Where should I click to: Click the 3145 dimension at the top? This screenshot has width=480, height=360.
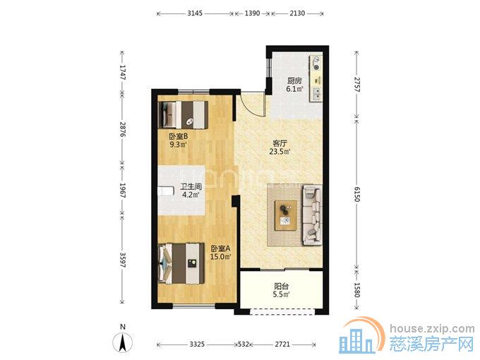tap(195, 13)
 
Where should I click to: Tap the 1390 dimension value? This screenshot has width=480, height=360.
tap(252, 13)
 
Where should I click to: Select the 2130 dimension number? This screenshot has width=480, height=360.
tap(297, 13)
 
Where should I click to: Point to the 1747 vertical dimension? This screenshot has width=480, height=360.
tap(122, 72)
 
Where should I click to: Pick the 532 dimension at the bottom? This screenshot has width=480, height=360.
tap(244, 344)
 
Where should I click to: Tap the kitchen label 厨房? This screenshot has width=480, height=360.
tap(294, 80)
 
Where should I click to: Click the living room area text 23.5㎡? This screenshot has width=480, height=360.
tap(280, 151)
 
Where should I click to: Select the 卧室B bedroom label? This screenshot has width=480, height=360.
tap(178, 136)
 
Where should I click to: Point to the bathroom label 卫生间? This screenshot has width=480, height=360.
tap(191, 186)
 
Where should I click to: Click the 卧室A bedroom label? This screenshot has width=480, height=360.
tap(220, 248)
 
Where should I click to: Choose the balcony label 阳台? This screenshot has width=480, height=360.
tap(282, 287)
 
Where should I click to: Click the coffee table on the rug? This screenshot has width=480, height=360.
tap(286, 215)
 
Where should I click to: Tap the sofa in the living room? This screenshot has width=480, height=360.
tap(312, 215)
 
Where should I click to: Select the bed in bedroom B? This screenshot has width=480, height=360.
tap(183, 115)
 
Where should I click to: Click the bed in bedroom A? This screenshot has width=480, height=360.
tap(181, 263)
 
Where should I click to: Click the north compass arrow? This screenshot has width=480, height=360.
tap(122, 342)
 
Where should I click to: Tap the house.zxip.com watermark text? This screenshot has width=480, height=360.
tap(432, 329)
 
